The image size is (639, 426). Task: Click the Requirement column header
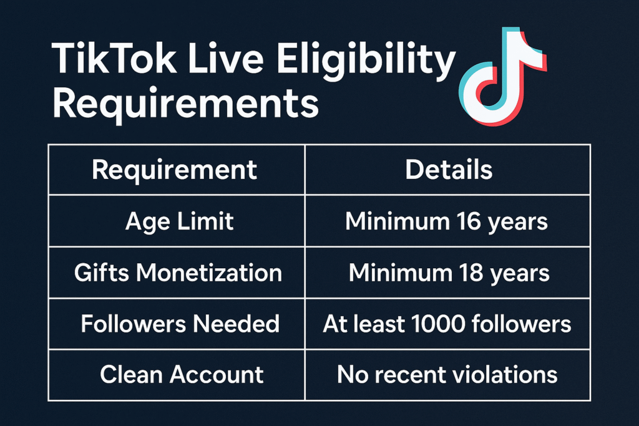point(175,170)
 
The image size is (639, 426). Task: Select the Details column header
point(449,170)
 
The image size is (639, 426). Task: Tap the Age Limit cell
point(179,222)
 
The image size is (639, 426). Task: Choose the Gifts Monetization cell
point(178,273)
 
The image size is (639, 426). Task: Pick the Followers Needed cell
point(180,324)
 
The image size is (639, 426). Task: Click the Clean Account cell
point(182,375)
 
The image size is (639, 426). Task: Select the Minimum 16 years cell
point(446,222)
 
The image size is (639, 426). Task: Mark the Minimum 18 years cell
point(449,273)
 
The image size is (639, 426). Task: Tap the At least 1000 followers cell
point(447,324)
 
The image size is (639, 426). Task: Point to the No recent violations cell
point(447,374)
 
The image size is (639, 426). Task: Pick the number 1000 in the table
point(438,324)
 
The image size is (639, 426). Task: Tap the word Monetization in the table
point(209,273)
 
